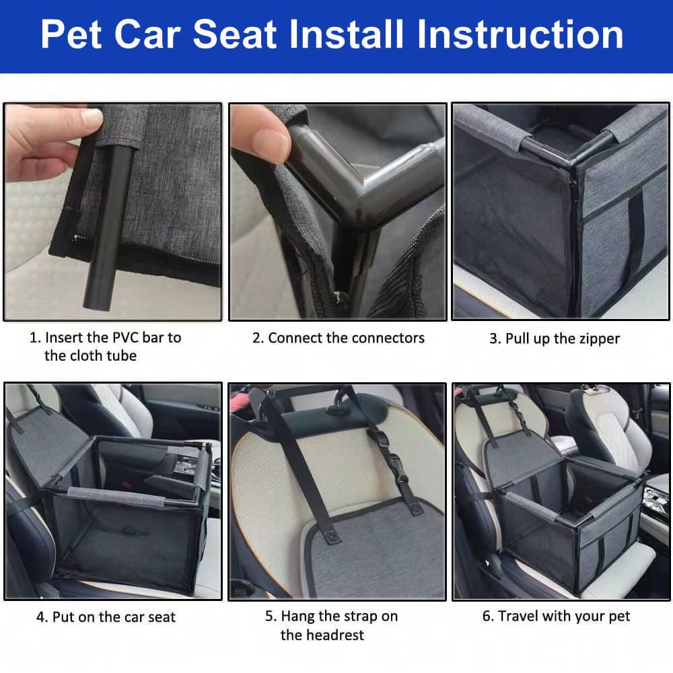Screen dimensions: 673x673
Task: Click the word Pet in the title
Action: point(71,34)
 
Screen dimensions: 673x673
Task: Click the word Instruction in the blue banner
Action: point(520,34)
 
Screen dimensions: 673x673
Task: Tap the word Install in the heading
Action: point(347,34)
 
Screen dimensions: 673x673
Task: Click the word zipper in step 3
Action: point(598,339)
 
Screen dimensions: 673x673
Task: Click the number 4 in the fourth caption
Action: point(41,617)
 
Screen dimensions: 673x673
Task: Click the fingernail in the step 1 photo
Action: point(92,116)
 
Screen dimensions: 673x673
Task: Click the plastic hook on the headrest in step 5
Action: point(339,406)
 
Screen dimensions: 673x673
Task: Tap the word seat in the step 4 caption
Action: point(162,617)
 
